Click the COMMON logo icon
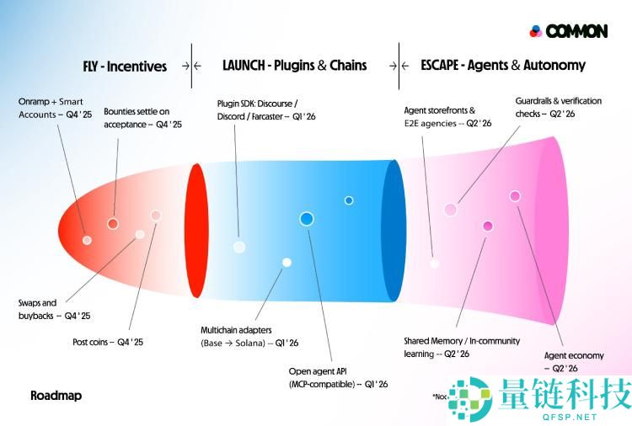(x=536, y=31)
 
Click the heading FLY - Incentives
(x=124, y=66)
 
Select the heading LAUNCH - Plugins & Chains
(x=294, y=65)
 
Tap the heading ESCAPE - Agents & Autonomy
(x=502, y=65)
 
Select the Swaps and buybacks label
(x=54, y=309)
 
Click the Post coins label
(x=108, y=342)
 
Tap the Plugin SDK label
(x=265, y=109)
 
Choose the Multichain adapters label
(x=249, y=336)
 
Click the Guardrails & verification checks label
(x=558, y=107)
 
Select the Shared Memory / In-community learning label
(x=463, y=347)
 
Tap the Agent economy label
(x=573, y=362)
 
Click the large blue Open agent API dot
(x=307, y=219)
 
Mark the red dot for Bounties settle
(x=112, y=223)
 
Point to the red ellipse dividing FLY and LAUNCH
(x=195, y=230)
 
